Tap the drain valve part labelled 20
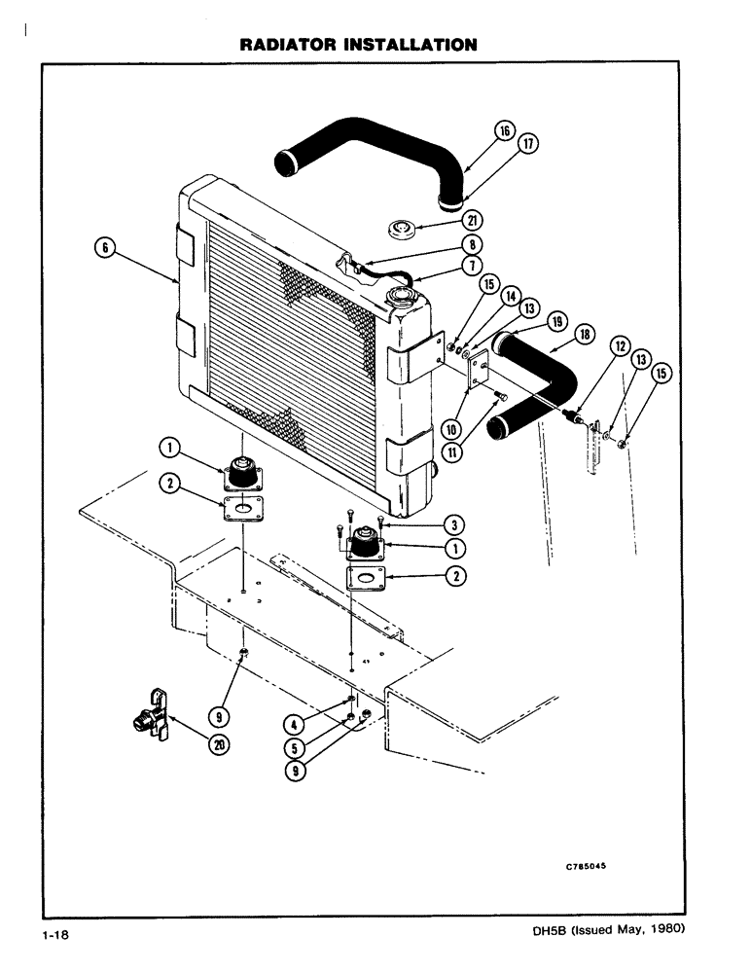pos(146,718)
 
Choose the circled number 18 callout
pos(586,334)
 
